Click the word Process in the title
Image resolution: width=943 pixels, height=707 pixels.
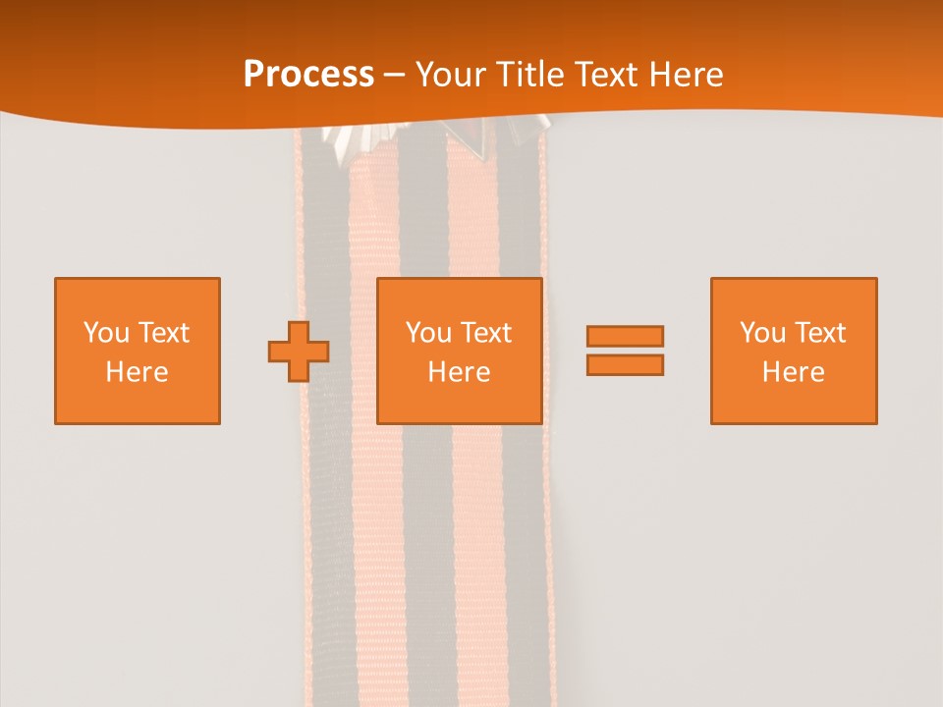click(308, 75)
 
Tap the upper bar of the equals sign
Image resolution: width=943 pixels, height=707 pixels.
click(625, 336)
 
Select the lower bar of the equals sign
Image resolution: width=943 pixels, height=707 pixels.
click(625, 365)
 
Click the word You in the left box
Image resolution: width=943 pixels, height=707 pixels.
click(106, 333)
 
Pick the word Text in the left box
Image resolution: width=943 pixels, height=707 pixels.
click(164, 333)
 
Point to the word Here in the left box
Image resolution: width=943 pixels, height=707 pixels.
click(137, 372)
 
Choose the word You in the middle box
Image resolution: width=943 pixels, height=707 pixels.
click(428, 333)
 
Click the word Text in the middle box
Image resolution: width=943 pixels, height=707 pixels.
click(486, 333)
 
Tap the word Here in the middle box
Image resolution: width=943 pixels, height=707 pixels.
click(459, 372)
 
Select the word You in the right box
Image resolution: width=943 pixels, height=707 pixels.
click(762, 333)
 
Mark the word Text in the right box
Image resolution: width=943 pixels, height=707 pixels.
click(820, 333)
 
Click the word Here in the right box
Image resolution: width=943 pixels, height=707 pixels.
click(793, 372)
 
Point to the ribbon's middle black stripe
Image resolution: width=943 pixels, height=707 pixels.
click(423, 540)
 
